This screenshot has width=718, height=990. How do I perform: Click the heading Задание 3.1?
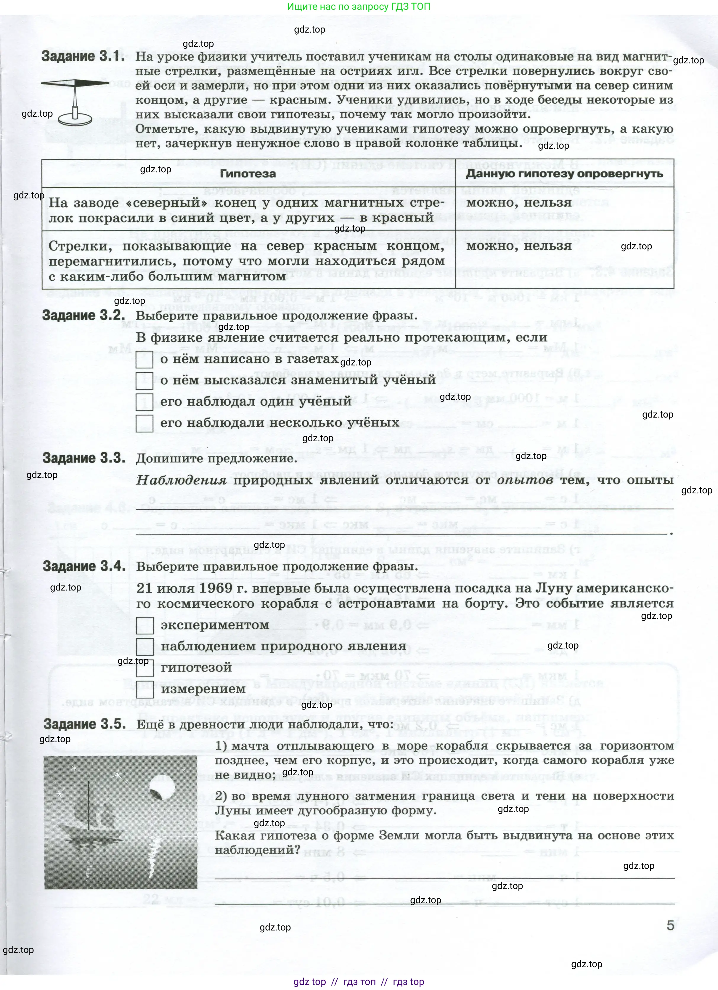tap(83, 56)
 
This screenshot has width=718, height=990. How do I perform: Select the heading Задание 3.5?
tap(85, 724)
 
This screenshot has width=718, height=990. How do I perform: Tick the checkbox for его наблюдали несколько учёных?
tap(144, 423)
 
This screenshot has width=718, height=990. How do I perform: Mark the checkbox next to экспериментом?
tap(145, 625)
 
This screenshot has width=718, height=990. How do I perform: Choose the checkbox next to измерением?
tap(145, 689)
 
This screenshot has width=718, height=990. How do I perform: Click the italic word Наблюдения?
tap(181, 480)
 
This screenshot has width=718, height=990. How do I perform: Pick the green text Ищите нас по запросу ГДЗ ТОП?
tap(359, 7)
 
